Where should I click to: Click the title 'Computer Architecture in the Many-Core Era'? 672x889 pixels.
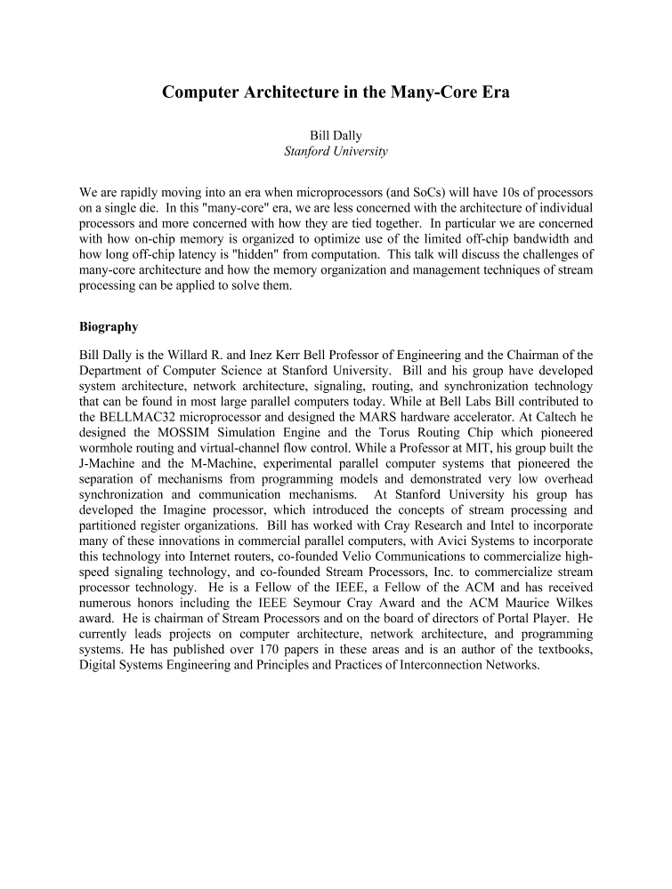tap(336, 92)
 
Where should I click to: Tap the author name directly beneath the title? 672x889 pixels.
tap(336, 135)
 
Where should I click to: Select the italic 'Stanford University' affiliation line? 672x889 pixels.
tap(336, 151)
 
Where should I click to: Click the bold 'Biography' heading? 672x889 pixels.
tap(109, 326)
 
